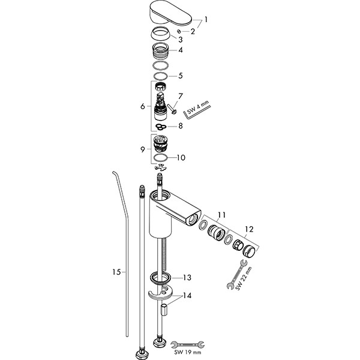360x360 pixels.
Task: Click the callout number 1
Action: (206, 19)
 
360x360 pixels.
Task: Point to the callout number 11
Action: (222, 214)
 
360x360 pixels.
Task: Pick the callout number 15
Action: (118, 272)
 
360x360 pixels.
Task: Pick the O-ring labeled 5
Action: (160, 77)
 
